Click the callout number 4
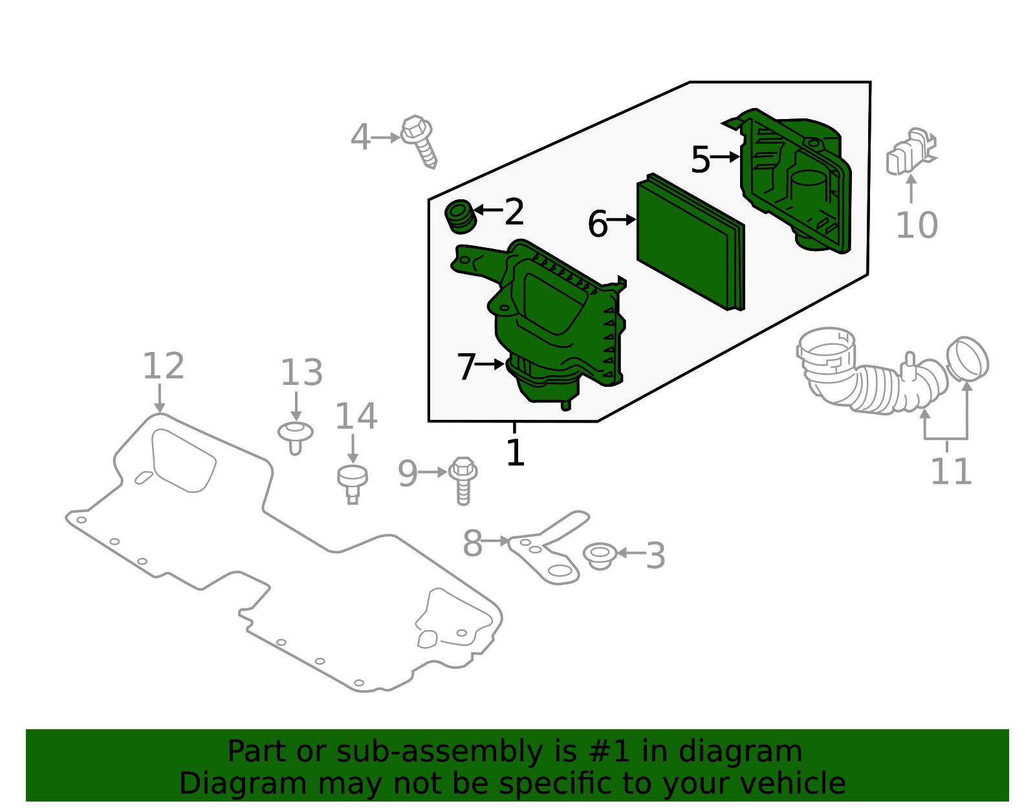click(360, 138)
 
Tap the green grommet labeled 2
click(460, 217)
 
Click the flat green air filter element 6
click(691, 242)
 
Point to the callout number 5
click(701, 160)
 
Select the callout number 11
click(951, 472)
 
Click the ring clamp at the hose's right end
click(967, 360)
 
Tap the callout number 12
click(164, 366)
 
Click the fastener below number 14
click(353, 485)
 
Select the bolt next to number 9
click(463, 481)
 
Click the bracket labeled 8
click(548, 547)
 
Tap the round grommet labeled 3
click(600, 556)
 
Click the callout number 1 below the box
click(516, 452)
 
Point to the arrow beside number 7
click(490, 364)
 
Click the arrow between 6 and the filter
click(622, 219)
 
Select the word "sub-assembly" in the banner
click(440, 751)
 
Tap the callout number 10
click(917, 225)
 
